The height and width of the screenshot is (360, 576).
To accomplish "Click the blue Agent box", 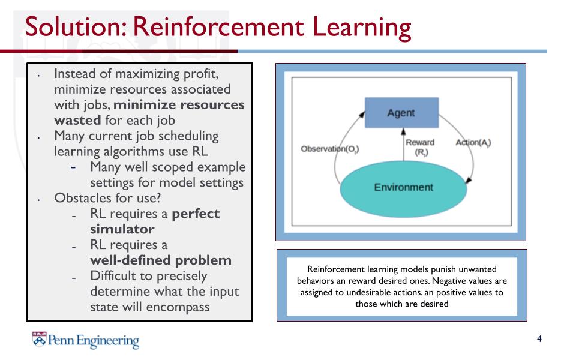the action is tap(401, 112).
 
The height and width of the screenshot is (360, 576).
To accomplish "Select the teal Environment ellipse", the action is tap(403, 187).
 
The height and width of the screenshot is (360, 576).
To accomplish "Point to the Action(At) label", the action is tap(473, 143).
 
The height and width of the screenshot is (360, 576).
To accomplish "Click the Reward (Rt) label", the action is tap(419, 147).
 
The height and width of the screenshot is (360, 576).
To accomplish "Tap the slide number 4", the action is tap(539, 340).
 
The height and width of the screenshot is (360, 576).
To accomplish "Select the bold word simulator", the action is tap(122, 229).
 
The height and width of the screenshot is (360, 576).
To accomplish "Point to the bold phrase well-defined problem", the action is tap(160, 260).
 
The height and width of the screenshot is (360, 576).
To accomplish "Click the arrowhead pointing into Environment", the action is tap(468, 179).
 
